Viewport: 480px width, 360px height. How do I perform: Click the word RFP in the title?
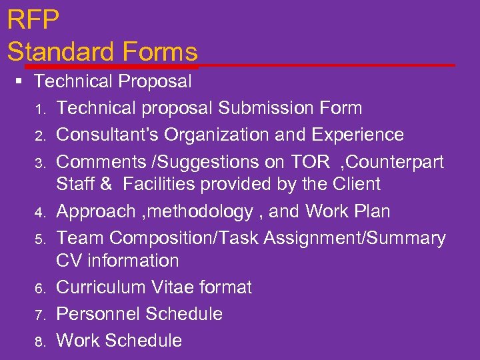[x=33, y=20]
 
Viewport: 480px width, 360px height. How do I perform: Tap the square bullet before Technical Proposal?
[x=19, y=82]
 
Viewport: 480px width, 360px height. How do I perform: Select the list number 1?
[x=40, y=109]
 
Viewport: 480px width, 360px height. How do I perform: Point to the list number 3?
[x=40, y=163]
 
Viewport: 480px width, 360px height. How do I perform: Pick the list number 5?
[x=40, y=239]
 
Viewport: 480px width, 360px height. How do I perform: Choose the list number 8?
[x=40, y=341]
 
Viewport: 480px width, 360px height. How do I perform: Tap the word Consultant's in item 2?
[x=107, y=135]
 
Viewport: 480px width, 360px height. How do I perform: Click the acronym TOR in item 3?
[x=311, y=162]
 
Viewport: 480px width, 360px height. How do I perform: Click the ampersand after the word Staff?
[x=107, y=184]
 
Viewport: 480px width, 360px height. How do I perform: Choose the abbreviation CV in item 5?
[x=69, y=260]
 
